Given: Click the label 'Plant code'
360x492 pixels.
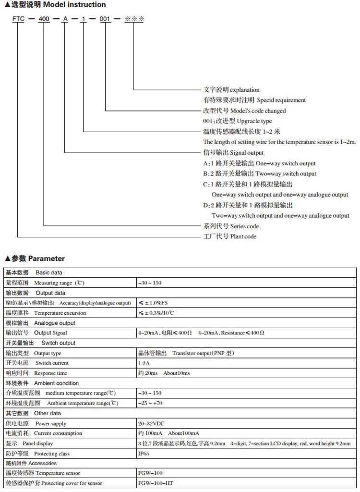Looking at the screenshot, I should coord(243,236).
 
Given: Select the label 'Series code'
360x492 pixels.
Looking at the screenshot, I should coord(244,226).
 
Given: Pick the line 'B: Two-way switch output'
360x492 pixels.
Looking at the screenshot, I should coord(260,174).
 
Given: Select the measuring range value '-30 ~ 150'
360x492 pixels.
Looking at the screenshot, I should coord(150,283).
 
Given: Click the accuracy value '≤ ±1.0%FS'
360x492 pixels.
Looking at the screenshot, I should coord(153,303).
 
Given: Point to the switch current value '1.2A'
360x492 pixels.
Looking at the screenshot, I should coord(144,363).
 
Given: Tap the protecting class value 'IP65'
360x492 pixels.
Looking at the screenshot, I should coord(144,454).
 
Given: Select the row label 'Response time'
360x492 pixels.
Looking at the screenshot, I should coord(51,373).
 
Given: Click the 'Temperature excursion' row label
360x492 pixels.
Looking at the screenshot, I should coord(60,313).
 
